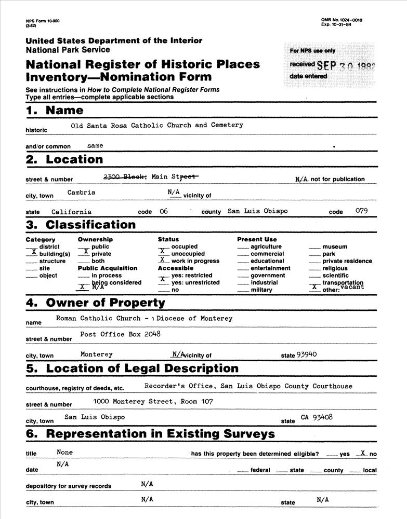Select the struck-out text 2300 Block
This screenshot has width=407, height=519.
click(x=125, y=176)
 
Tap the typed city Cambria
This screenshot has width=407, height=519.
click(x=81, y=192)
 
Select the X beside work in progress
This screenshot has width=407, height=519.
click(x=163, y=259)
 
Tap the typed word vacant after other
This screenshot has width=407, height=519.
click(x=353, y=286)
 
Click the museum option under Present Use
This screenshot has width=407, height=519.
click(x=334, y=247)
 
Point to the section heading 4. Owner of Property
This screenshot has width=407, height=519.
click(x=95, y=303)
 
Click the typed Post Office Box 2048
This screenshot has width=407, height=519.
click(x=120, y=334)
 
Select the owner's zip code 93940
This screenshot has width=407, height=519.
click(x=307, y=354)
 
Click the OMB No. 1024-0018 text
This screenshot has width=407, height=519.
click(x=342, y=20)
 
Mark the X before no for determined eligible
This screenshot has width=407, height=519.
click(x=363, y=453)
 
